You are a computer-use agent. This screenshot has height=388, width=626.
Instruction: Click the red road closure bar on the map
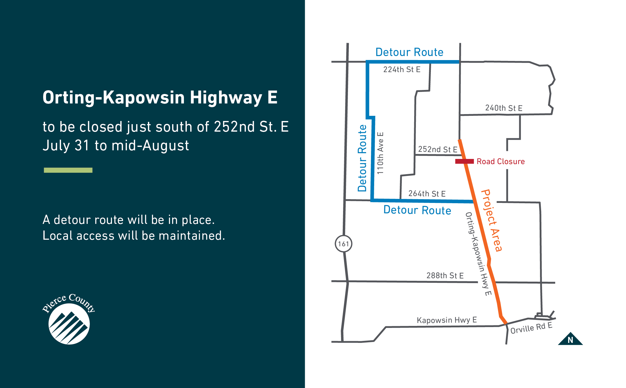(x=464, y=162)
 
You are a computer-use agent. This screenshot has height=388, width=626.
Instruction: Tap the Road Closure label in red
(x=501, y=162)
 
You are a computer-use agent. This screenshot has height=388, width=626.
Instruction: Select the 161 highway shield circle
(x=343, y=244)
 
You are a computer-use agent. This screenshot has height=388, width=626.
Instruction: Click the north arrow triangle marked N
(x=570, y=339)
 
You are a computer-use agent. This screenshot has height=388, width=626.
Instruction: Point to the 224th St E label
(x=402, y=70)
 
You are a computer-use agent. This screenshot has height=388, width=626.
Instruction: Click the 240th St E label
(x=504, y=108)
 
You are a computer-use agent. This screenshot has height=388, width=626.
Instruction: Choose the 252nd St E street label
(x=437, y=149)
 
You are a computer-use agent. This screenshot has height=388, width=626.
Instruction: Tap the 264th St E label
(x=427, y=194)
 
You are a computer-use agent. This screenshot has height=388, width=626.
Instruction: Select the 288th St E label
(x=445, y=276)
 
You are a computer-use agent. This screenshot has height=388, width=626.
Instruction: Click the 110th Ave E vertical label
(x=380, y=153)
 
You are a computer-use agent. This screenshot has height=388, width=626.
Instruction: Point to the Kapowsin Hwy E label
(x=447, y=320)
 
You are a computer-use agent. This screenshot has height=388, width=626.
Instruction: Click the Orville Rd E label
(x=531, y=328)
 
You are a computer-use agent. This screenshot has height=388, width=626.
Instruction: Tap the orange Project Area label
(x=492, y=220)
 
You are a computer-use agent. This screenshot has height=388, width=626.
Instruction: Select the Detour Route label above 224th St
(x=409, y=52)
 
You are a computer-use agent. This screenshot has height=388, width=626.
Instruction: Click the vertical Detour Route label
(x=362, y=158)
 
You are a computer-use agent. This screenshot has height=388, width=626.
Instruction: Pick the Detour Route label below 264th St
(x=417, y=210)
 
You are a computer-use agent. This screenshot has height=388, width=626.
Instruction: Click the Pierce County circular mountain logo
(x=69, y=324)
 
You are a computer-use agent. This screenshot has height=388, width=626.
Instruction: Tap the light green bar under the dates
(x=68, y=170)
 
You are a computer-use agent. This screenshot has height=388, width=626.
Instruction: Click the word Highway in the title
(x=226, y=97)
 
